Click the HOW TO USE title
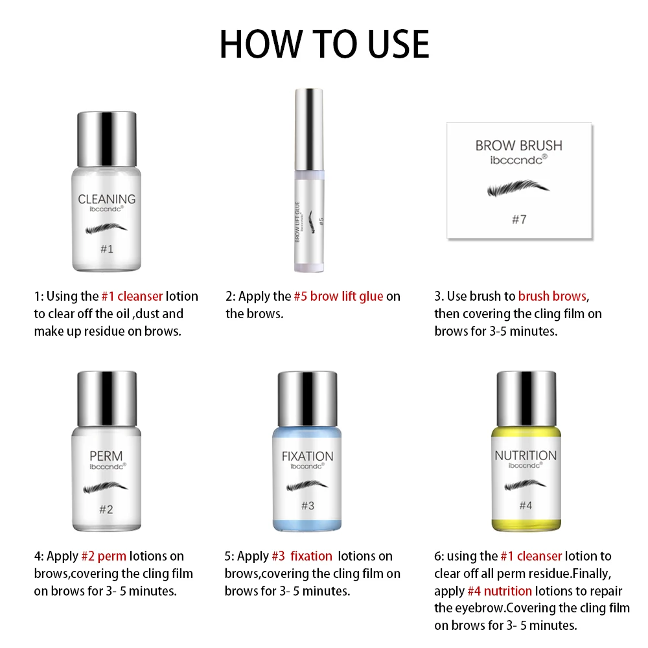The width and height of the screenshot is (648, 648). tap(324, 43)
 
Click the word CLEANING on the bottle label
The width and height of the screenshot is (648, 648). tap(106, 199)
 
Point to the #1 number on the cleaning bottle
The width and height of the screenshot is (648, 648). tap(106, 249)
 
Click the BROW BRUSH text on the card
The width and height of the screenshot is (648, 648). tap(518, 145)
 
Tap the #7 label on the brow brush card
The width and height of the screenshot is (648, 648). tap(518, 220)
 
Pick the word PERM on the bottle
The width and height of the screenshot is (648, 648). tap(106, 455)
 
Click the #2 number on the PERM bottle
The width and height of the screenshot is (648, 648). tap(106, 509)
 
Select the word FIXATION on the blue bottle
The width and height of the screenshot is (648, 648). tap(307, 456)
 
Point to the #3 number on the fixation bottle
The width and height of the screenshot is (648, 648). tap(307, 505)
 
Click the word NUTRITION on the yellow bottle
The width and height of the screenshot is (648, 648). tap(526, 456)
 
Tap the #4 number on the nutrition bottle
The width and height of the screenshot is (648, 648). tap(526, 505)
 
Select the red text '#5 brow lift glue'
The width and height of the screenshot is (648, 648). tap(338, 296)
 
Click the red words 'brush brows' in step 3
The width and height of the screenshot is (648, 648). tap(552, 296)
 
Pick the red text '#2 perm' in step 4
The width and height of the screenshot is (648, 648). tap(104, 556)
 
